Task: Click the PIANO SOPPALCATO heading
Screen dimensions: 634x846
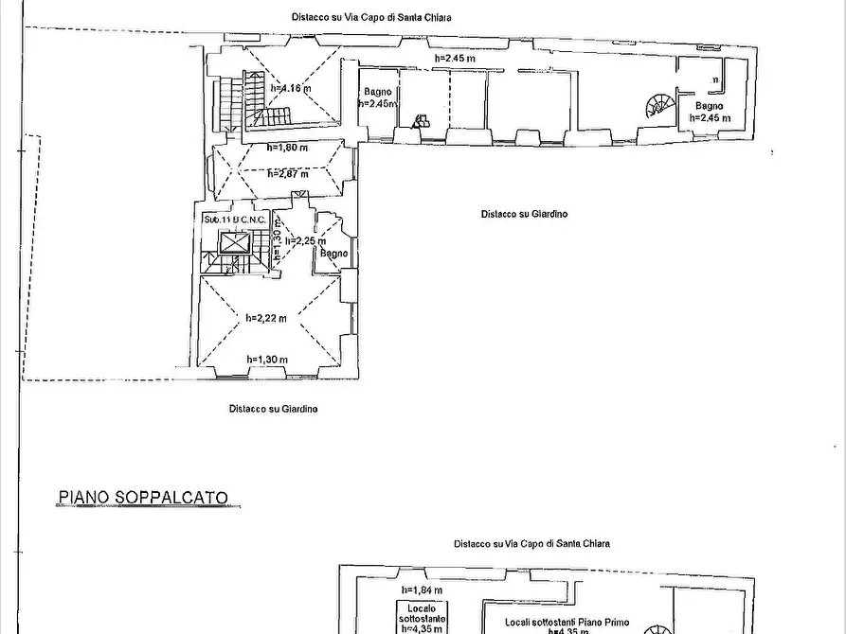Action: pyautogui.click(x=143, y=496)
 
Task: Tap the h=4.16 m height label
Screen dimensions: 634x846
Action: pyautogui.click(x=291, y=88)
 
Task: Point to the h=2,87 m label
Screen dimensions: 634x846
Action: pyautogui.click(x=287, y=173)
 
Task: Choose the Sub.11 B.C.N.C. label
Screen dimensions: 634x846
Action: pyautogui.click(x=235, y=220)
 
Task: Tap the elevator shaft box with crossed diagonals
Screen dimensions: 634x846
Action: pyautogui.click(x=232, y=243)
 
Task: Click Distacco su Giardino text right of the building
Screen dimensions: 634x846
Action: pyautogui.click(x=523, y=214)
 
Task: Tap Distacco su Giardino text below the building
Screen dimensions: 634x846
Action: pyautogui.click(x=273, y=409)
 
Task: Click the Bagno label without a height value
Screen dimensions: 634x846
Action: pyautogui.click(x=333, y=254)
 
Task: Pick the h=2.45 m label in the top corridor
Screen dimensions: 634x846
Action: pyautogui.click(x=455, y=59)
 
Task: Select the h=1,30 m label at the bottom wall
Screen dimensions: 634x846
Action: pyautogui.click(x=266, y=359)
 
